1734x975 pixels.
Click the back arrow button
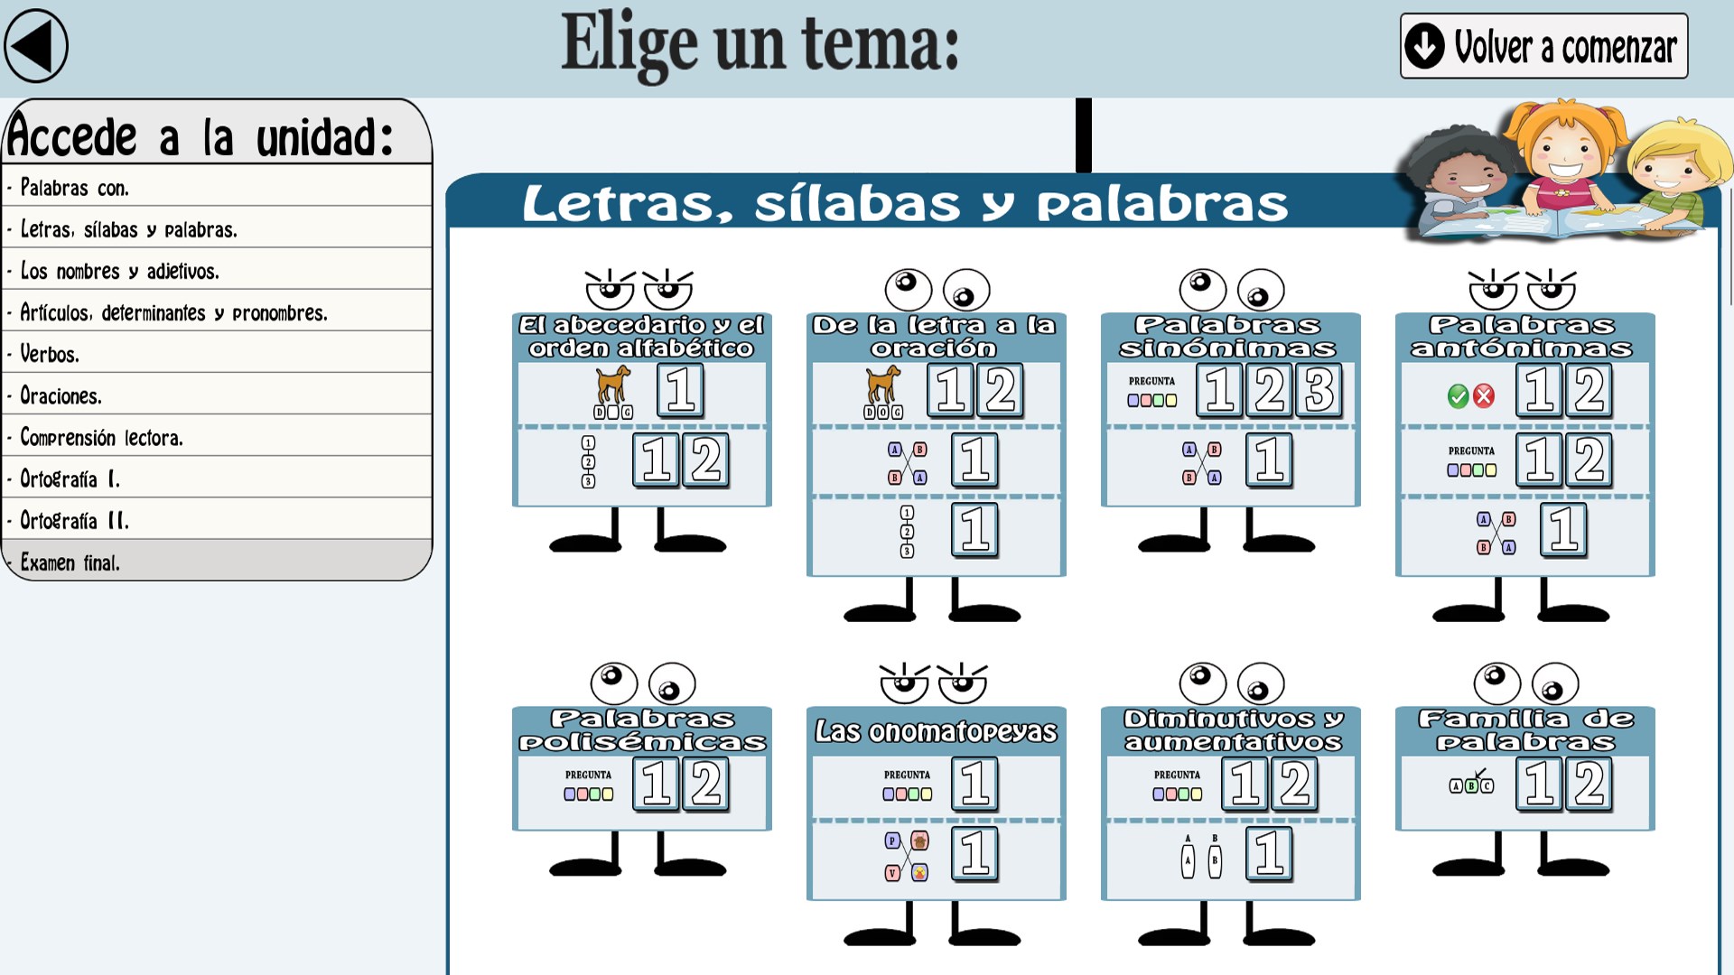(36, 45)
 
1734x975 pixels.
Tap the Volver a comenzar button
(1543, 46)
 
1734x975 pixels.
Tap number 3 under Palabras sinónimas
(1319, 390)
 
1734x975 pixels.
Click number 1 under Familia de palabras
(1540, 783)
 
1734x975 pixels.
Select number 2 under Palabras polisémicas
(706, 783)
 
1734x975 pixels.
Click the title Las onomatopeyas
(936, 731)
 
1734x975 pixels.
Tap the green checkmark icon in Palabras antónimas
(1458, 395)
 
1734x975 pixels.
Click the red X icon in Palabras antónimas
(1484, 395)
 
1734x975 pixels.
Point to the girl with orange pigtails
(1567, 153)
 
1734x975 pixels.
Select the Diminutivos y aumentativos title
(1232, 730)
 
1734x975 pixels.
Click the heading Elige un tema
(760, 43)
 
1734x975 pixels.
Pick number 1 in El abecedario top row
(680, 390)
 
